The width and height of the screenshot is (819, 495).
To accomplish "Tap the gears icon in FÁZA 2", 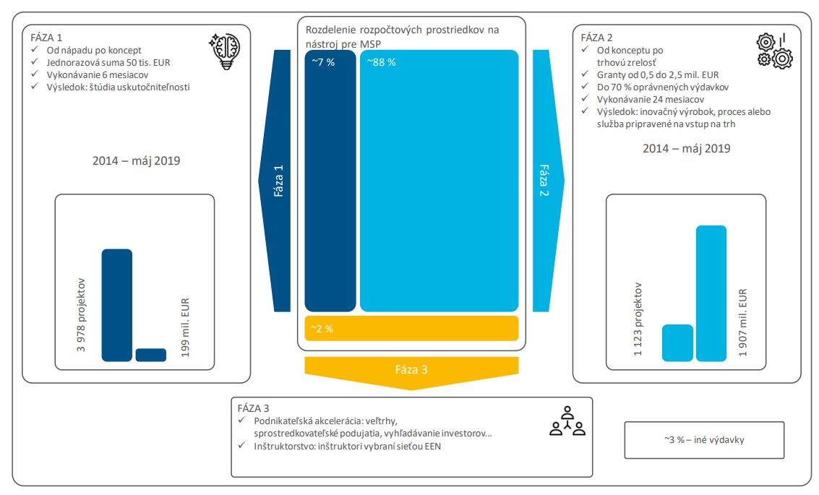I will tap(775, 51).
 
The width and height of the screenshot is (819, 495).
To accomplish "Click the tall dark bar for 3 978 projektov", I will tap(116, 305).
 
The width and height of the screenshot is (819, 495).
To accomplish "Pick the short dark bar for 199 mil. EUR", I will tap(150, 355).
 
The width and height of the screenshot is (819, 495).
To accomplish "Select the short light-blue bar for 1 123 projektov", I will tap(677, 343).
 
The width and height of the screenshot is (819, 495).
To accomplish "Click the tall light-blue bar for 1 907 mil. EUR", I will tap(711, 293).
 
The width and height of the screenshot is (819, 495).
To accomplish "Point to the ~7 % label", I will tap(323, 62).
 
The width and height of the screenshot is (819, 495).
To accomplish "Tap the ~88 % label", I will tap(381, 62).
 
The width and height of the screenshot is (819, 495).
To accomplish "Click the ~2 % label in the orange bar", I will tap(322, 329).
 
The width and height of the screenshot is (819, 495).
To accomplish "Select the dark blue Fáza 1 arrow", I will tap(279, 181).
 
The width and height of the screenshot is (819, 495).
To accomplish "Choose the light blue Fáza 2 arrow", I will tap(544, 181).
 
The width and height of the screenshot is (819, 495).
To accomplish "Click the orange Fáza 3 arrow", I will tap(411, 370).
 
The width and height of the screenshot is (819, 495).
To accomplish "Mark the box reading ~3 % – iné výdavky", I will tap(703, 440).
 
